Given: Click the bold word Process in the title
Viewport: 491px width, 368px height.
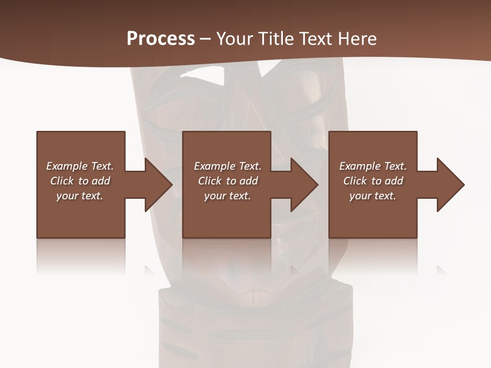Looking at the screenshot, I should pos(161,39).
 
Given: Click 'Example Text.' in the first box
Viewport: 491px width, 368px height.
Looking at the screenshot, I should pos(80,166).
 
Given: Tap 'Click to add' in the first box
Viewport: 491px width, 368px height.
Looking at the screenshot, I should pos(80,181).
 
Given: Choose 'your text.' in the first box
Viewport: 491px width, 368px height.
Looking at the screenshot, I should pos(80,196).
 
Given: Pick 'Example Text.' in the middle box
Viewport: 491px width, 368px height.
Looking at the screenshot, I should pos(228,166).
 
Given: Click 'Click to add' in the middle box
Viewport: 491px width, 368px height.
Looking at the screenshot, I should pos(228,181).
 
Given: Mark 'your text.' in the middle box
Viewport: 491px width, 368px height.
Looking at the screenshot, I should pos(228,196).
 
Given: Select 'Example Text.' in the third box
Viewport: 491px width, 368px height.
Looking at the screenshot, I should pos(373,166).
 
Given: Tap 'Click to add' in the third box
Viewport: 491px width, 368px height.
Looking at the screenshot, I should pos(373,181).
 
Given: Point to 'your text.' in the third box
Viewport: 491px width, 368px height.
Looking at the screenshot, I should pos(373,196).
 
